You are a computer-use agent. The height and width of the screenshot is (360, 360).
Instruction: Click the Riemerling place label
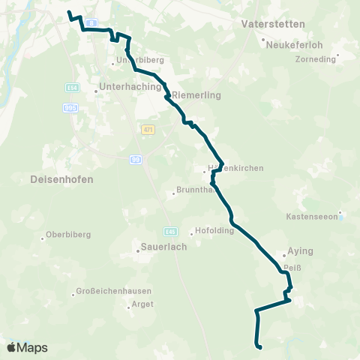coord(194,96)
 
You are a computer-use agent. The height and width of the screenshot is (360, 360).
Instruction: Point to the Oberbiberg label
coord(68,235)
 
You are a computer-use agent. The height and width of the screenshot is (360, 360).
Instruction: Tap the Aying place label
coord(300,252)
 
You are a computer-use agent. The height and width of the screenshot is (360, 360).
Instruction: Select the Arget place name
coord(142,304)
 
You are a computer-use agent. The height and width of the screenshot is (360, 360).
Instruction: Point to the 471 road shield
coord(148,130)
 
